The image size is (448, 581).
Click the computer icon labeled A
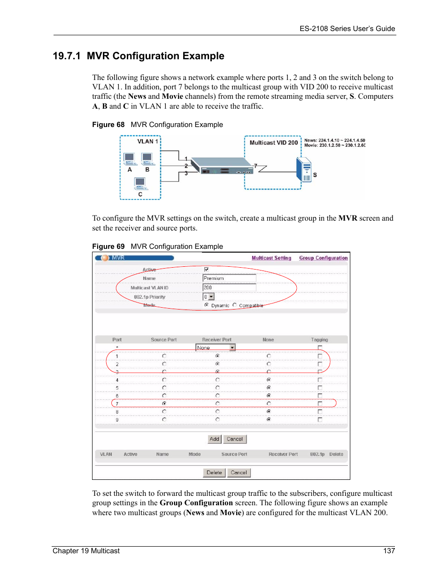130,159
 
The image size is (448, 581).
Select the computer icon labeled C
140,183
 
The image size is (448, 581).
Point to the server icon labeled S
304,170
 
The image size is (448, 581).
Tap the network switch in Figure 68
222,166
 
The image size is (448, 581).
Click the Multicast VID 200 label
273,143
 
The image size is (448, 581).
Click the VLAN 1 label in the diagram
147,141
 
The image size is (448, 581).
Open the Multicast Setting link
271,258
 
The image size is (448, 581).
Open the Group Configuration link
323,258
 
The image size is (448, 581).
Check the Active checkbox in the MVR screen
206,270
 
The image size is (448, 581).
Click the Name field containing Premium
229,278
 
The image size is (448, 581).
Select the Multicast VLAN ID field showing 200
229,287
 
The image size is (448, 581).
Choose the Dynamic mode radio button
207,305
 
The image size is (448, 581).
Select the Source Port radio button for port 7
164,403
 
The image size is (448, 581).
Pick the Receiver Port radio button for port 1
217,356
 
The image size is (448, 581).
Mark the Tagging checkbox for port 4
320,380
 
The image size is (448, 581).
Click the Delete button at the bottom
214,472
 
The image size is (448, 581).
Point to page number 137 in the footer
389,551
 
